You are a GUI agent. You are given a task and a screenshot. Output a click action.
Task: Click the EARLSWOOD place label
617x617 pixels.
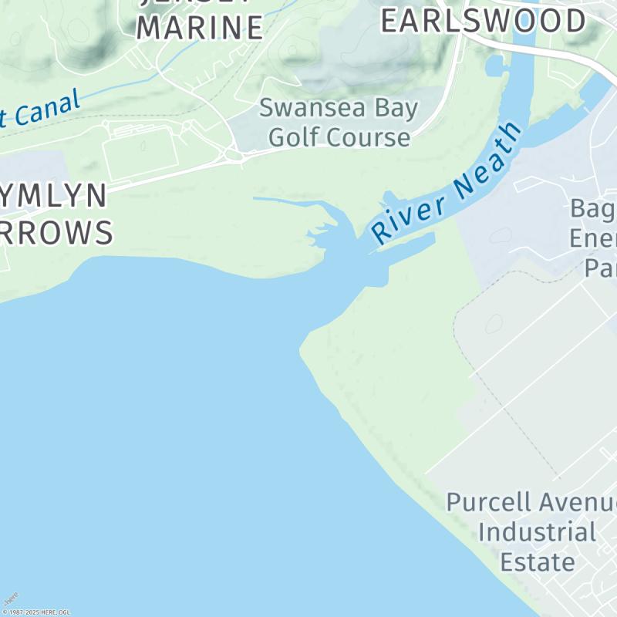pos(484,21)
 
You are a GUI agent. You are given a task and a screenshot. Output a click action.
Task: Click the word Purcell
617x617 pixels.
pos(488,502)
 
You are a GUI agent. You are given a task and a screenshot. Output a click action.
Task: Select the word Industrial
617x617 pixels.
pos(537,531)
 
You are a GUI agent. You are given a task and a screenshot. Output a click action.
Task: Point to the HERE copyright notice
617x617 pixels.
pos(36,612)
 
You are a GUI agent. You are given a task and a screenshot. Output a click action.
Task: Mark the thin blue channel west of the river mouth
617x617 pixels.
pos(285,201)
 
